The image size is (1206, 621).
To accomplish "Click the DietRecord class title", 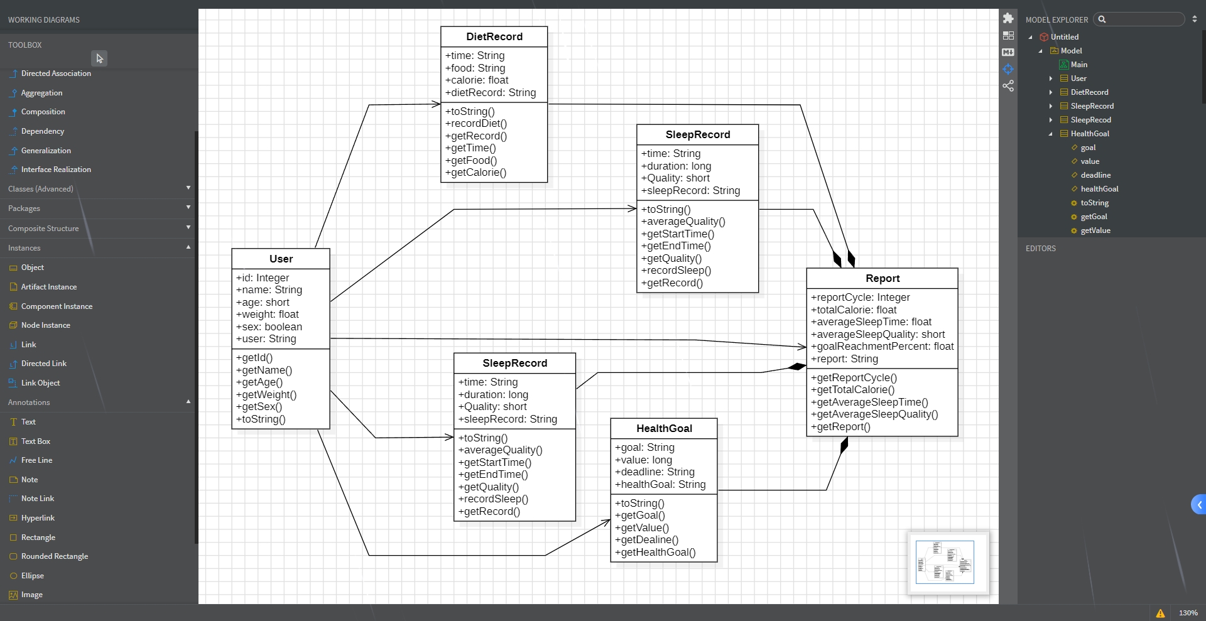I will click(494, 36).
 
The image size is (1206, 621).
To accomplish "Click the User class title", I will click(281, 259).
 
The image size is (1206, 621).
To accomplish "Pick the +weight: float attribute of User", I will click(268, 315).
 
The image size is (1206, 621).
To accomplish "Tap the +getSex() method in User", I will click(259, 407).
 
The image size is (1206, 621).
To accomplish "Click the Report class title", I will click(882, 278).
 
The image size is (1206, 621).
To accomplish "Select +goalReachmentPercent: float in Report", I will click(882, 347).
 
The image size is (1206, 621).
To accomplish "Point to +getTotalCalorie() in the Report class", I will click(852, 390).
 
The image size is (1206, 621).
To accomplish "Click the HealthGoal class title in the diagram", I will click(664, 428).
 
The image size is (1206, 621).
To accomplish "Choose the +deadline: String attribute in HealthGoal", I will click(655, 472).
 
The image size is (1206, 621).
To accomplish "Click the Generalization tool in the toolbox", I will click(46, 151).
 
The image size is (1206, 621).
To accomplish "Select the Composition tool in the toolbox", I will click(43, 112).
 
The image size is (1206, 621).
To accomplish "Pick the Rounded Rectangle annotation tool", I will click(55, 556).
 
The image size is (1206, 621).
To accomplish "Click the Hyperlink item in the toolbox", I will click(38, 518).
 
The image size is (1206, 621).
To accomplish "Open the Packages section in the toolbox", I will click(24, 208).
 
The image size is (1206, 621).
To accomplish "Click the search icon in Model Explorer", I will click(1102, 19).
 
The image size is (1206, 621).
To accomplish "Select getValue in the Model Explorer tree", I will click(1095, 230).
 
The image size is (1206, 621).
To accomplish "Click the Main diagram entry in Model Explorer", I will click(1078, 65).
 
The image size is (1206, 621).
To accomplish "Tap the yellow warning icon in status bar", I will click(1160, 613).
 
